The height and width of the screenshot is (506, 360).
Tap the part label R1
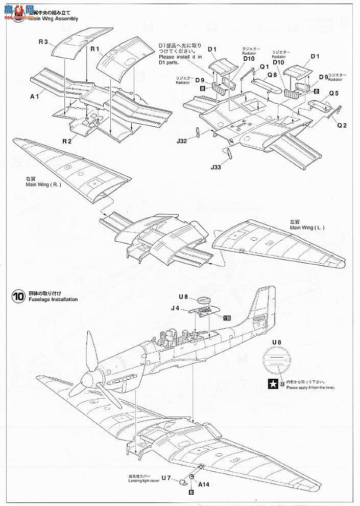[x=95, y=49]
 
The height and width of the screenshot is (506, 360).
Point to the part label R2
[x=67, y=141]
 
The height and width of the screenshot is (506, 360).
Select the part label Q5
[x=334, y=94]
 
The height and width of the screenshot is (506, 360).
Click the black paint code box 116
[x=227, y=317]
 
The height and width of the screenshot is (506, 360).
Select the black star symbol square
[x=274, y=381]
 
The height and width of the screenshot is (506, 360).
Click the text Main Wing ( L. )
[x=306, y=227]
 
